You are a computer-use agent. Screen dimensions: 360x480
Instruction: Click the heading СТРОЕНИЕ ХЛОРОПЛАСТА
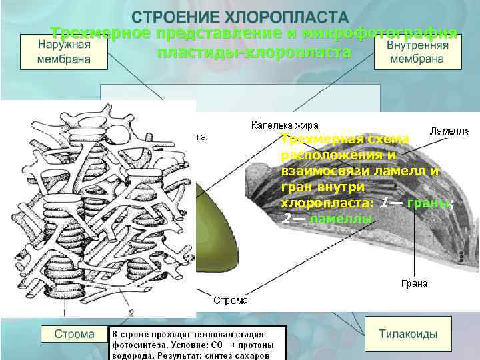(x=239, y=17)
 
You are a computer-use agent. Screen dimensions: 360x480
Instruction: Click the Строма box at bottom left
(x=74, y=334)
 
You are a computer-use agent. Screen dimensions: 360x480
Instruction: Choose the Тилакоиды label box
(x=408, y=334)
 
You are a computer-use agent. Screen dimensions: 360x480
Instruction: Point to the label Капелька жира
(x=285, y=125)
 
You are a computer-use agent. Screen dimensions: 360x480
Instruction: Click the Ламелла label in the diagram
(x=450, y=131)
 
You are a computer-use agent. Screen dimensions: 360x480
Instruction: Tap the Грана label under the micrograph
(x=415, y=283)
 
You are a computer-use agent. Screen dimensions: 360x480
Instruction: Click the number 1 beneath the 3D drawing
(x=65, y=311)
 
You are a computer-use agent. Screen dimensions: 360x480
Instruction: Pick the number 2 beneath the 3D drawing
(x=131, y=311)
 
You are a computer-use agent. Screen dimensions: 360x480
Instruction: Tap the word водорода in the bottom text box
(x=132, y=355)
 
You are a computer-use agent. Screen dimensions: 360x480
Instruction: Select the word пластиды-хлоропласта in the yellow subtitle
(x=254, y=53)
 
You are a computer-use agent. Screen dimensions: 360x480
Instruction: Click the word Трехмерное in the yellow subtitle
(x=99, y=33)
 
